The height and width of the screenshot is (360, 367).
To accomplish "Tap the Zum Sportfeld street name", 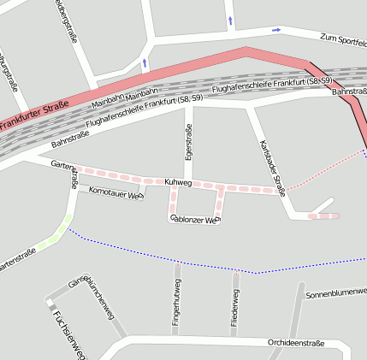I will pos(342,39).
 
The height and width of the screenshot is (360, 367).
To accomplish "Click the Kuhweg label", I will pos(178,183).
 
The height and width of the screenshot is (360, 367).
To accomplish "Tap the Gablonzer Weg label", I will pos(196,220).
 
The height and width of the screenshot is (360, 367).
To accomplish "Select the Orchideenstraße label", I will pos(296,344).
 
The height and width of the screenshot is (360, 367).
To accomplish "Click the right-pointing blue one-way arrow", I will pos(275,31).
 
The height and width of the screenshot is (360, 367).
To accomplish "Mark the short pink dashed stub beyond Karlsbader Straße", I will pos(323,216).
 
